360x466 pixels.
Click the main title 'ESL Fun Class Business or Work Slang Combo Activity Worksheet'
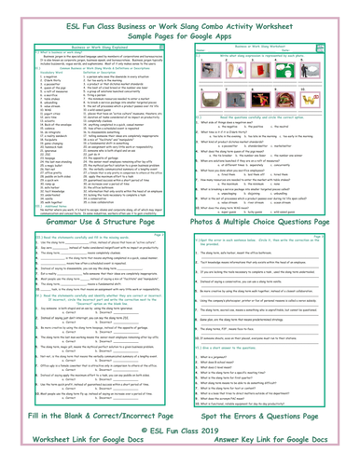(180, 13)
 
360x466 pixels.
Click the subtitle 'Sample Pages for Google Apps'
(180, 28)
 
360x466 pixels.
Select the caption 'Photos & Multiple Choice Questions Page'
(270, 225)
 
